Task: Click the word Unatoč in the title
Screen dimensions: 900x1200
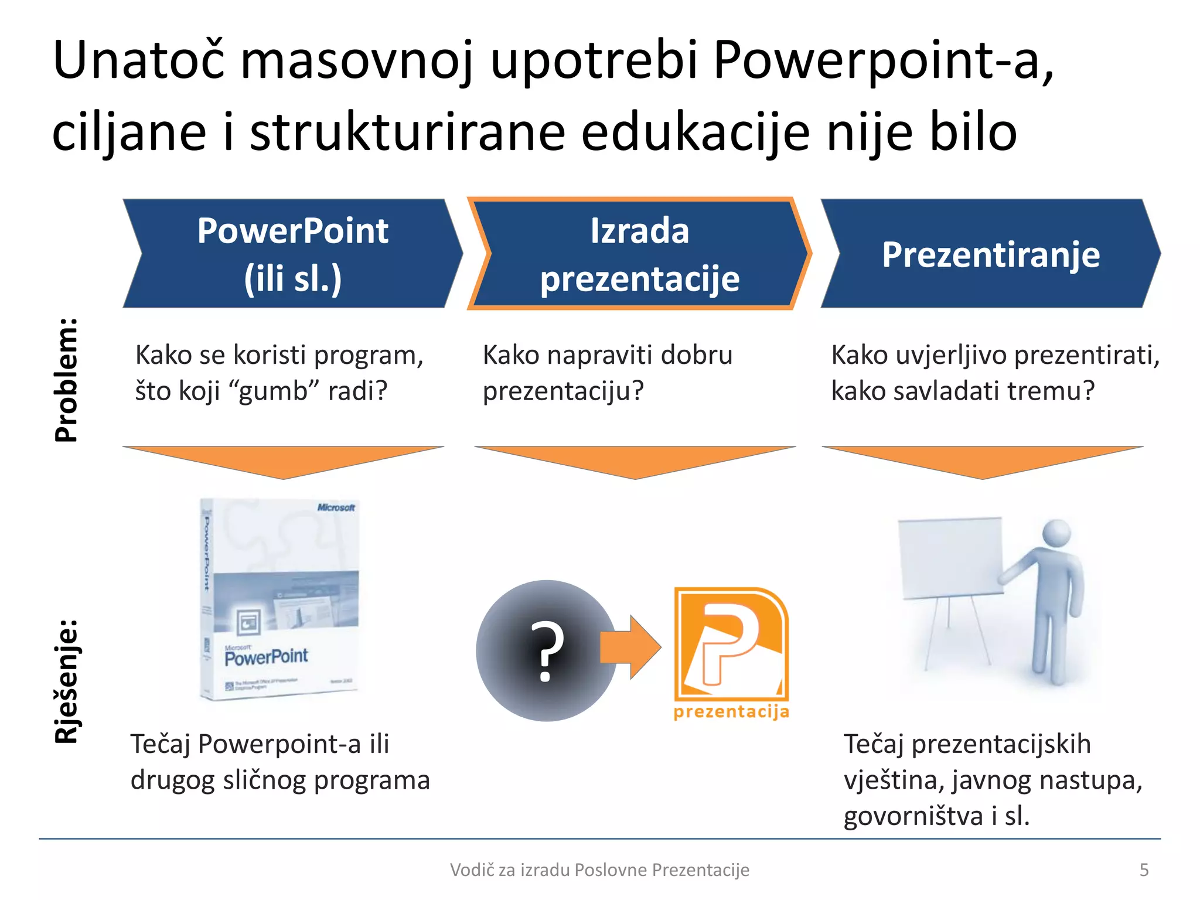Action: point(138,60)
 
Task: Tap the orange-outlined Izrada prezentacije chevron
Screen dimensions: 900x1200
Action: point(639,254)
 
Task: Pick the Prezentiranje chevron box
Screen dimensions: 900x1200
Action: point(990,254)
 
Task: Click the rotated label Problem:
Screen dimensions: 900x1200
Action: point(66,380)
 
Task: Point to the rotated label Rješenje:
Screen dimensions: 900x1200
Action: point(66,681)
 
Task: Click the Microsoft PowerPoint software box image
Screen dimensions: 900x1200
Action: point(279,599)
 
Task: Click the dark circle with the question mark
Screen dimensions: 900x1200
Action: point(546,650)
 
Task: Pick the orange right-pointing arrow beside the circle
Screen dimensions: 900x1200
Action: point(630,647)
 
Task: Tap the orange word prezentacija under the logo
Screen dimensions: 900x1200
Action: point(731,712)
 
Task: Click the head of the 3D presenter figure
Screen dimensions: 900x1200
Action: point(1056,533)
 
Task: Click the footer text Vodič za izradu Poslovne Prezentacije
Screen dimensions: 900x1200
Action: point(599,870)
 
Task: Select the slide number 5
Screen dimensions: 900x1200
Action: point(1144,870)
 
